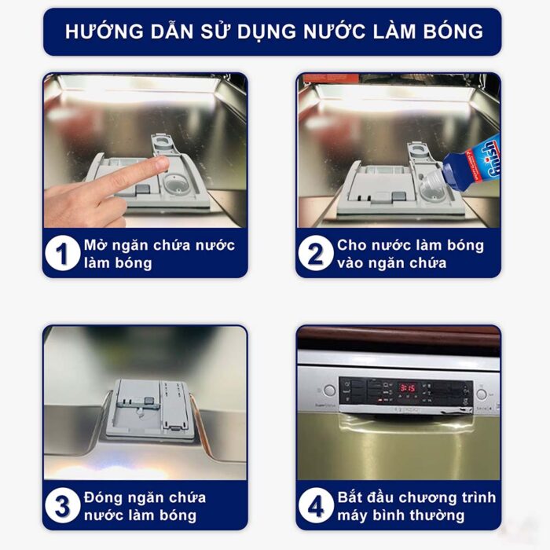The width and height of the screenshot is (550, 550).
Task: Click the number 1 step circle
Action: point(64,254)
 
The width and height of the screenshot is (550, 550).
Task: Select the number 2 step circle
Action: point(316,254)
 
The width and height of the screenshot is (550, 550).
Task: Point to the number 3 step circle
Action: point(64,507)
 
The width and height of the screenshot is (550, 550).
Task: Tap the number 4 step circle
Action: point(316,507)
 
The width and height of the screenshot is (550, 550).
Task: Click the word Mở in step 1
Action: point(94,245)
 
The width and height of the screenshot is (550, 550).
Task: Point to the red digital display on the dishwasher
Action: point(407,387)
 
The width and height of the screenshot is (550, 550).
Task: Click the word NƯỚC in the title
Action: point(313,31)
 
